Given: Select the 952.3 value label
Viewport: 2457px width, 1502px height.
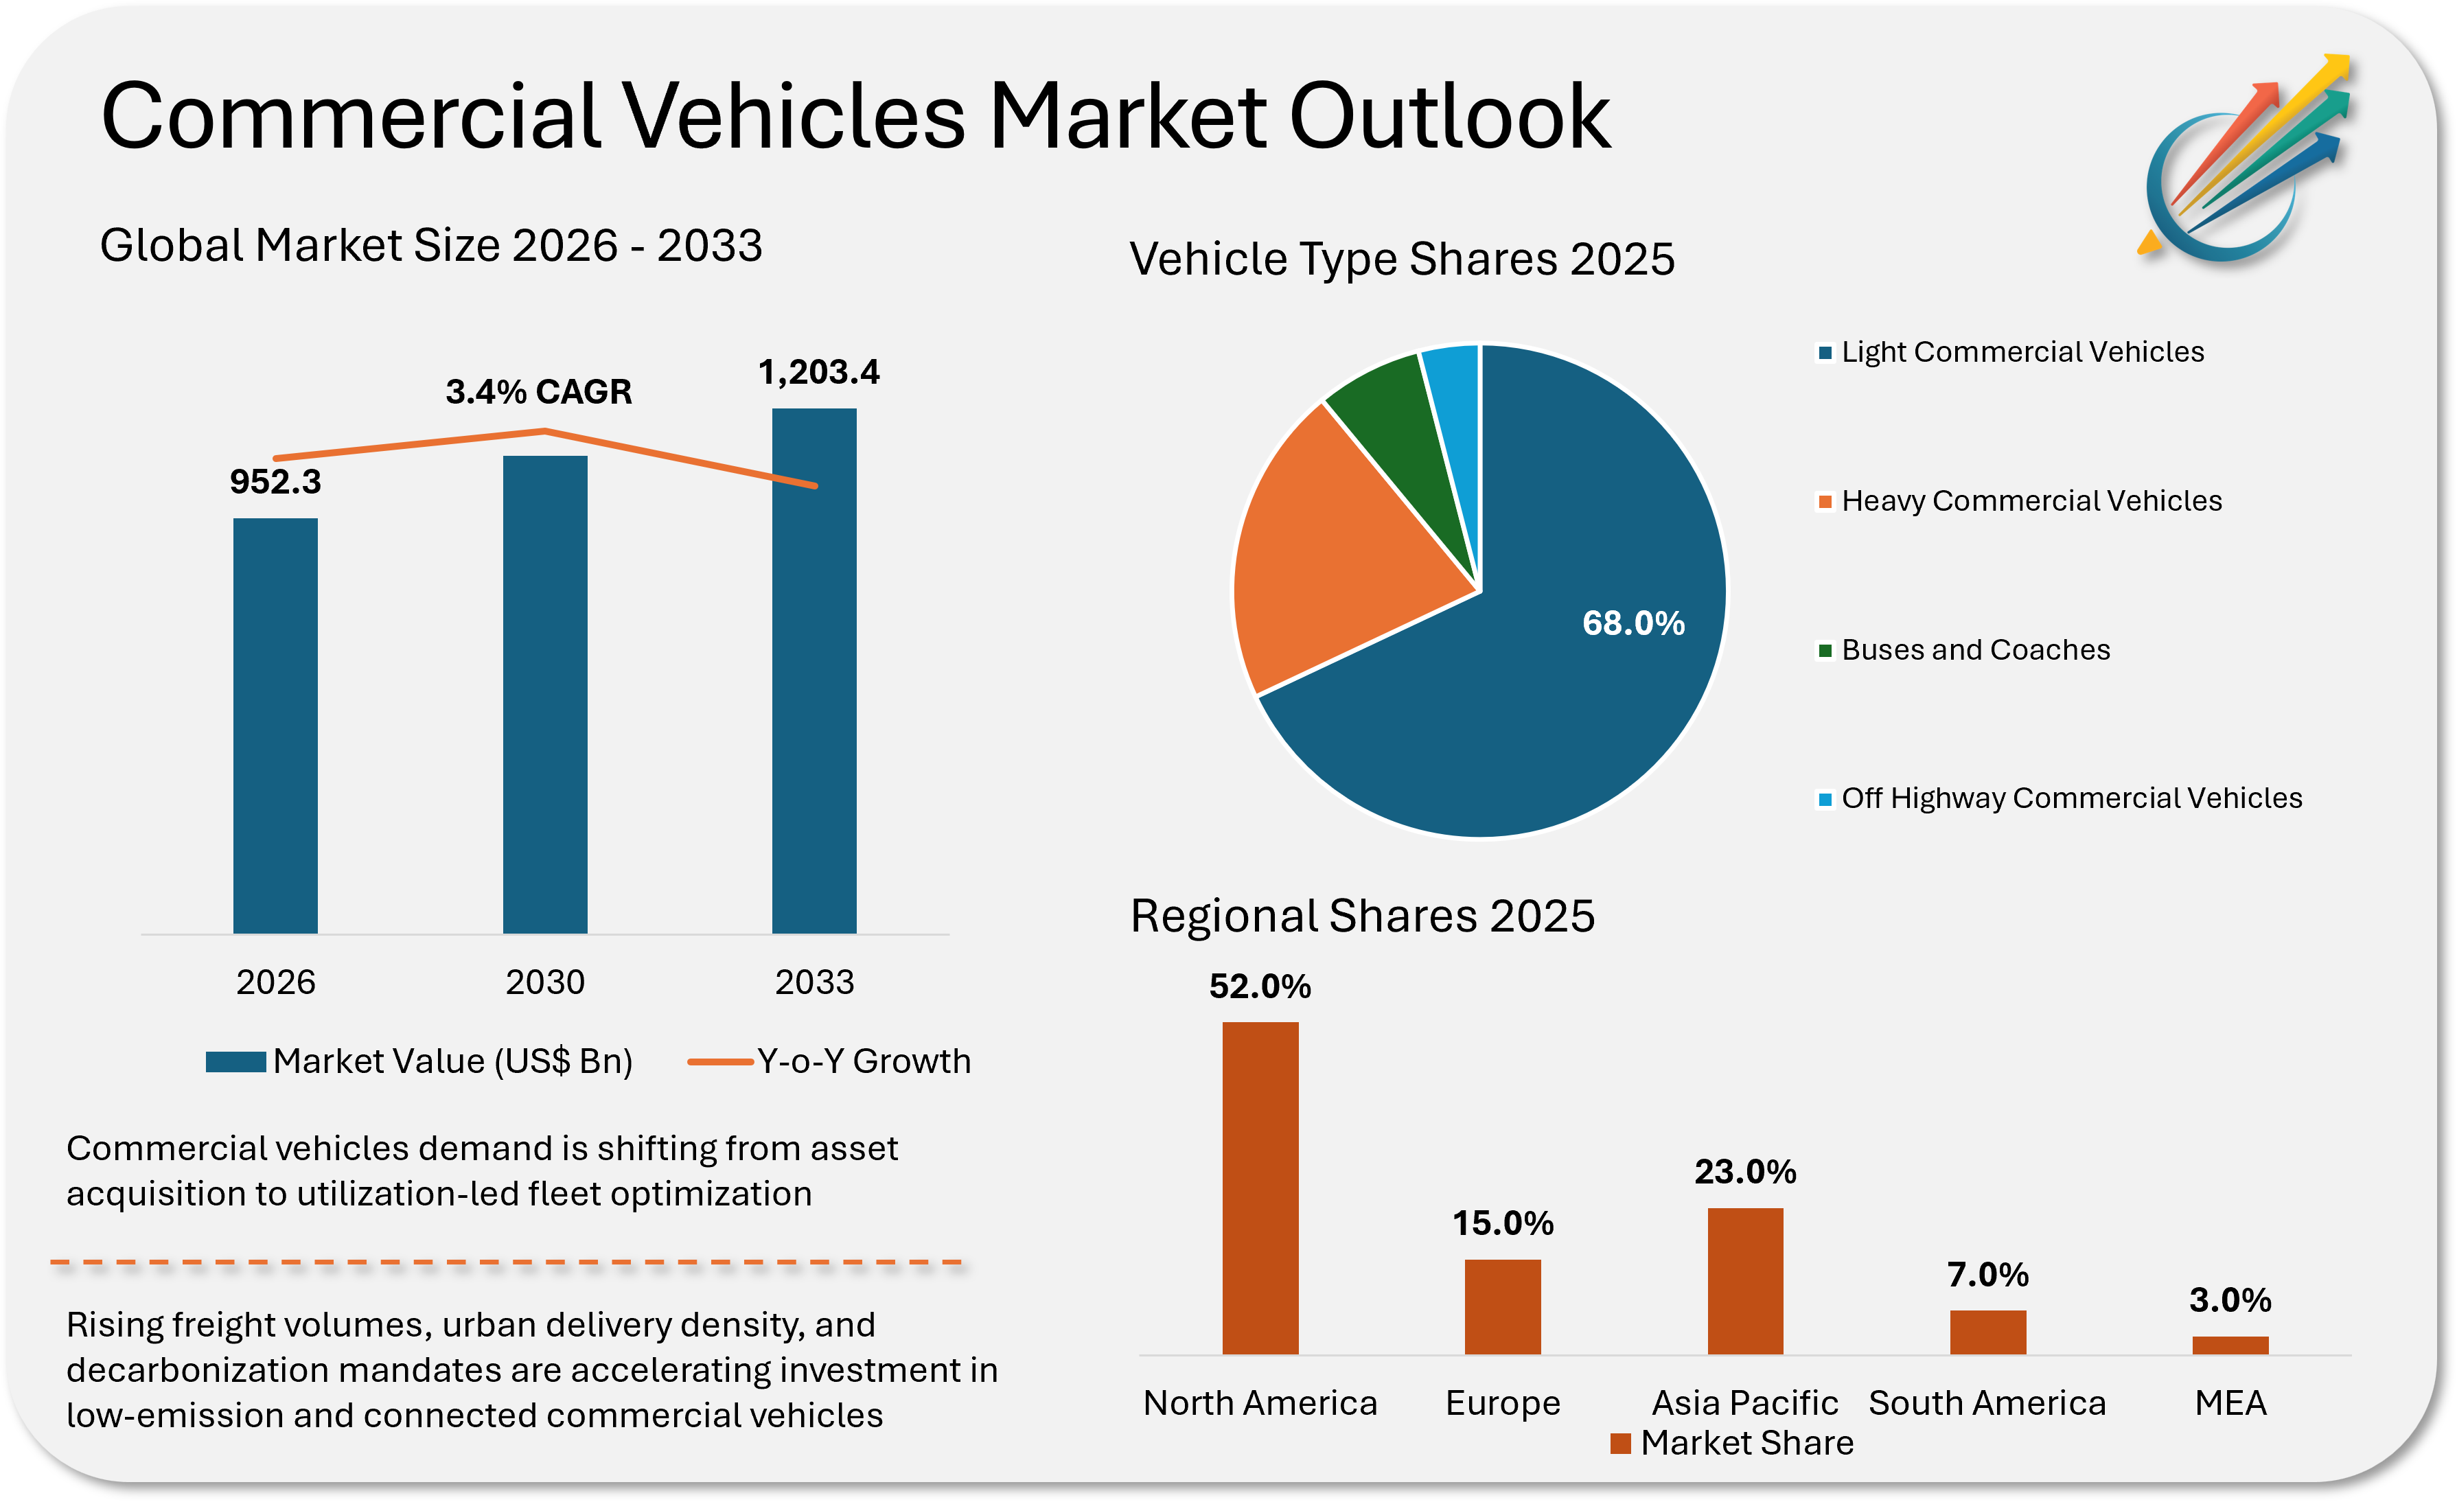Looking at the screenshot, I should click(x=275, y=482).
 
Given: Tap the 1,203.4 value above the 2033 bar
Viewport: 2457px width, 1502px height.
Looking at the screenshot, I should click(x=819, y=372).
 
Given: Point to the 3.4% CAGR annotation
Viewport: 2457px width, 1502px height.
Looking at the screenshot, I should click(x=538, y=392).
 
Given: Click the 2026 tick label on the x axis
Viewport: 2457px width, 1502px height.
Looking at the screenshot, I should click(x=275, y=982).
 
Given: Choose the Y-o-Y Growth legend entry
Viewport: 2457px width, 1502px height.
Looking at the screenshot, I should click(x=829, y=1061).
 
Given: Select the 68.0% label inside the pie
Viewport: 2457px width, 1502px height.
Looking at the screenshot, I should click(x=1633, y=623).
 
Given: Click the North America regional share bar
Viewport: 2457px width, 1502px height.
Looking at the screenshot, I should click(x=1260, y=1187).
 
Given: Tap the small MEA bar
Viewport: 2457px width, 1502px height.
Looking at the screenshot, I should click(x=2230, y=1345).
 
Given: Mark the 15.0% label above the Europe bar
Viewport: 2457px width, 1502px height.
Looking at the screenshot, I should click(x=1503, y=1223).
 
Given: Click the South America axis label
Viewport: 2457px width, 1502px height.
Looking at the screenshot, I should click(x=1987, y=1403).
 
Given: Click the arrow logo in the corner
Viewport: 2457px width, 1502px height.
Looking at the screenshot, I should click(x=2243, y=159).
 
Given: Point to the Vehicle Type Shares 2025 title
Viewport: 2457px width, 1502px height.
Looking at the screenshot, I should click(x=1402, y=259).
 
